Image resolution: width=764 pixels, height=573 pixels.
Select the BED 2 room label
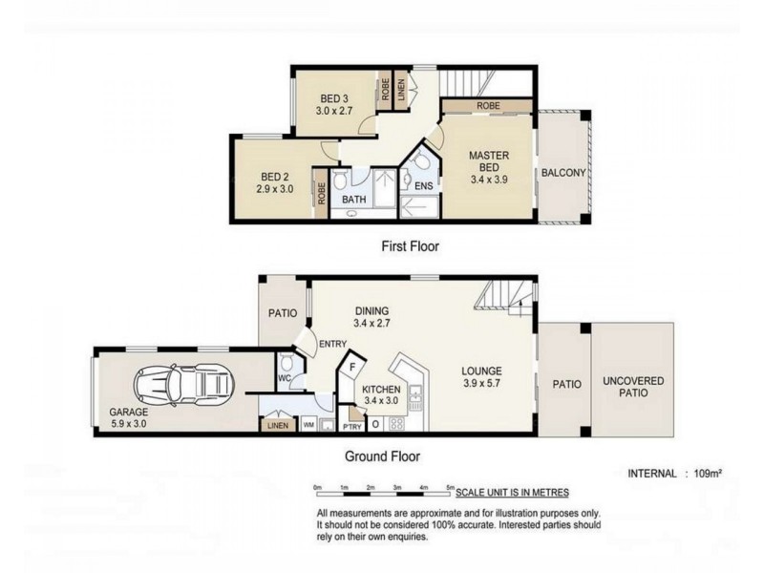point(275,182)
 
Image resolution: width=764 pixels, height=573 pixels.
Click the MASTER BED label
point(488,166)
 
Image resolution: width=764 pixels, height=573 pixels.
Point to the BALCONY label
point(562,173)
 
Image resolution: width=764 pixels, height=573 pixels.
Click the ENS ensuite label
point(424,185)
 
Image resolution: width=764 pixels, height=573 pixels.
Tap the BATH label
point(354,200)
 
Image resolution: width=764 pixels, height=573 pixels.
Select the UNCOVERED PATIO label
point(632,387)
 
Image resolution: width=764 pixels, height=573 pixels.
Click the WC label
point(283,377)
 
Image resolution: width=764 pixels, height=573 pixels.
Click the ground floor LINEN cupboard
point(278,425)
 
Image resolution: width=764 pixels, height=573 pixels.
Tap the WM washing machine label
point(308,425)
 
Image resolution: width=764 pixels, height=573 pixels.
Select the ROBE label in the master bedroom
point(488,106)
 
